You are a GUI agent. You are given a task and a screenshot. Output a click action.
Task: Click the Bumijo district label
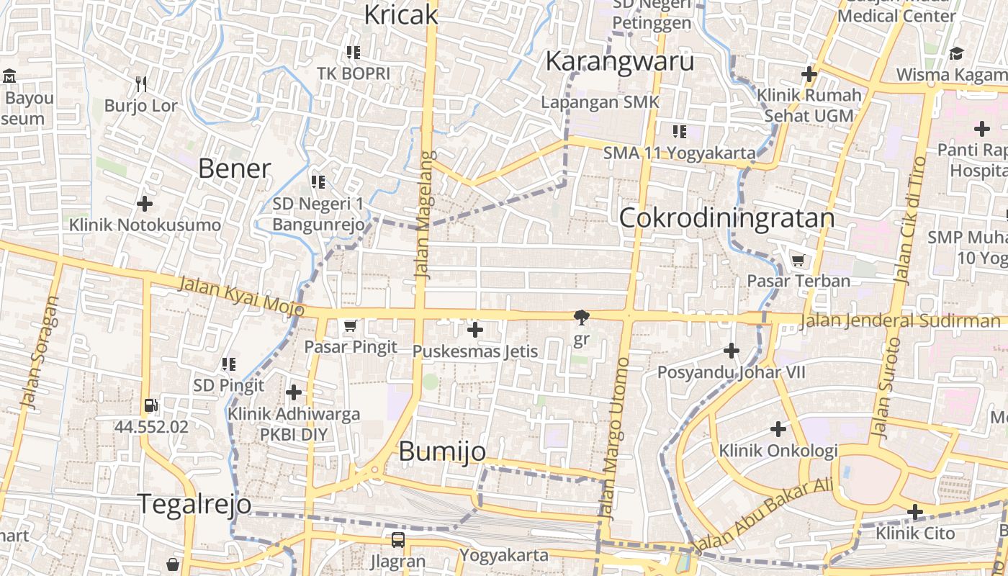point(441,451)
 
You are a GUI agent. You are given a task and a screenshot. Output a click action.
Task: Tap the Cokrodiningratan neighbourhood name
point(726,217)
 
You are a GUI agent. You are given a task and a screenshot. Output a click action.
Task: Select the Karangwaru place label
point(619,61)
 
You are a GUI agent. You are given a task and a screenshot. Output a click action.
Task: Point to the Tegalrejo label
point(194,504)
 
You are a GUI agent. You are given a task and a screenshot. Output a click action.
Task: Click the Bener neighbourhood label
point(234,168)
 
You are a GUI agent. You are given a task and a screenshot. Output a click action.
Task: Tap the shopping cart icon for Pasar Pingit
point(351,326)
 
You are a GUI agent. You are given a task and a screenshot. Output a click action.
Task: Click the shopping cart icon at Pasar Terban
point(798,260)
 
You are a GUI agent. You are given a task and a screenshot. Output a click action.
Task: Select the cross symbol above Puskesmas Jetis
point(475,330)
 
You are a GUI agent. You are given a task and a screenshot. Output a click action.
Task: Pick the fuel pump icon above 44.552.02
point(151,406)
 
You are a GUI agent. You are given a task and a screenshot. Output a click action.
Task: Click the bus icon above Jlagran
point(397,539)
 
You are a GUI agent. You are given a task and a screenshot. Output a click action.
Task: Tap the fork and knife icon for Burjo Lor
point(141,84)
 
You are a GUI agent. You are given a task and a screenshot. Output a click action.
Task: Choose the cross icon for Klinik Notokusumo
point(145,204)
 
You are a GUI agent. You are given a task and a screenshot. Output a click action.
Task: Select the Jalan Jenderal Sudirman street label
point(899,320)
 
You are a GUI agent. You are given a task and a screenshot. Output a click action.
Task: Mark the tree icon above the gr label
point(581,317)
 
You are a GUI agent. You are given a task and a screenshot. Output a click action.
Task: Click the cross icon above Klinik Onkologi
point(778,429)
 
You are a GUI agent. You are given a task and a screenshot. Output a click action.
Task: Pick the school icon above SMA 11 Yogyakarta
point(680,131)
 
